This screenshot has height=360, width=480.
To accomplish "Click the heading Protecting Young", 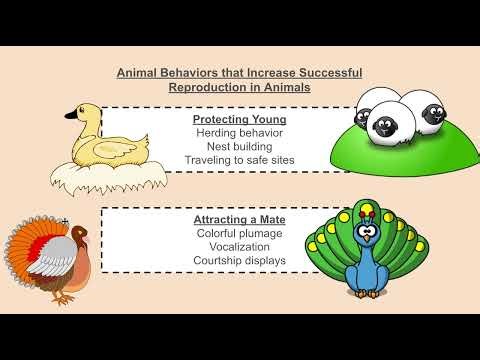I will pos(240,118).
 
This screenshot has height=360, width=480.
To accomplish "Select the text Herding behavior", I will pos(240,132).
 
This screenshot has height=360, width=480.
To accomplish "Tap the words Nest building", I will pos(240,146).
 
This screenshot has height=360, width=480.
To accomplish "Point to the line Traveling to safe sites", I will pos(240,160).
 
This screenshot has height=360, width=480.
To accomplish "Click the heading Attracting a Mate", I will pos(240,219).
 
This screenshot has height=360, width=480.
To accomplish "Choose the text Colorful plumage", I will pos(240,233).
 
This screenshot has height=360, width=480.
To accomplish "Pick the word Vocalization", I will pos(240,247).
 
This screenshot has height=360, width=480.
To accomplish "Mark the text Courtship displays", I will pos(240,261).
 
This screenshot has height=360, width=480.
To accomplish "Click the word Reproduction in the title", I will pos(210,87).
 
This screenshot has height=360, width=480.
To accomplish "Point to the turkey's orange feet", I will pos(66,297).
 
